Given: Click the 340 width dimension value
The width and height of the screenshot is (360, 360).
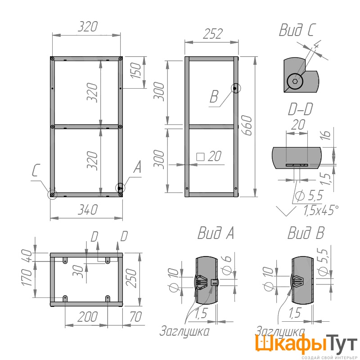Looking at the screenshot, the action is tap(88, 210).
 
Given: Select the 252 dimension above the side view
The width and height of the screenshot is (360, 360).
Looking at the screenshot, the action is tap(212, 34).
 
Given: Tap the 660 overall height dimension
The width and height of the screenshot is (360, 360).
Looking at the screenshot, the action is tap(247, 126).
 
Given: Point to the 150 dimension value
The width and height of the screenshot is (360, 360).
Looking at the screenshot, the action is tap(136, 70).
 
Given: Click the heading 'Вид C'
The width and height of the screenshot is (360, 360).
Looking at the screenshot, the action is tap(297, 30).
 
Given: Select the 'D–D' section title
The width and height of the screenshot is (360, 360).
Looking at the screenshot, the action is tap(301, 109).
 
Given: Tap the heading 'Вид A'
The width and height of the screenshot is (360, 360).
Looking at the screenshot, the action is tap(216, 233).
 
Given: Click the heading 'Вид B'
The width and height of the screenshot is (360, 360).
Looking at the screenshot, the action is tap(306, 233).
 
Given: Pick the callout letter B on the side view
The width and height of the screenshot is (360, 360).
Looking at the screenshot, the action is tap(214, 96).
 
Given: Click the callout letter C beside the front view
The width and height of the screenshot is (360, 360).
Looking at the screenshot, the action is tap(36, 171).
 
